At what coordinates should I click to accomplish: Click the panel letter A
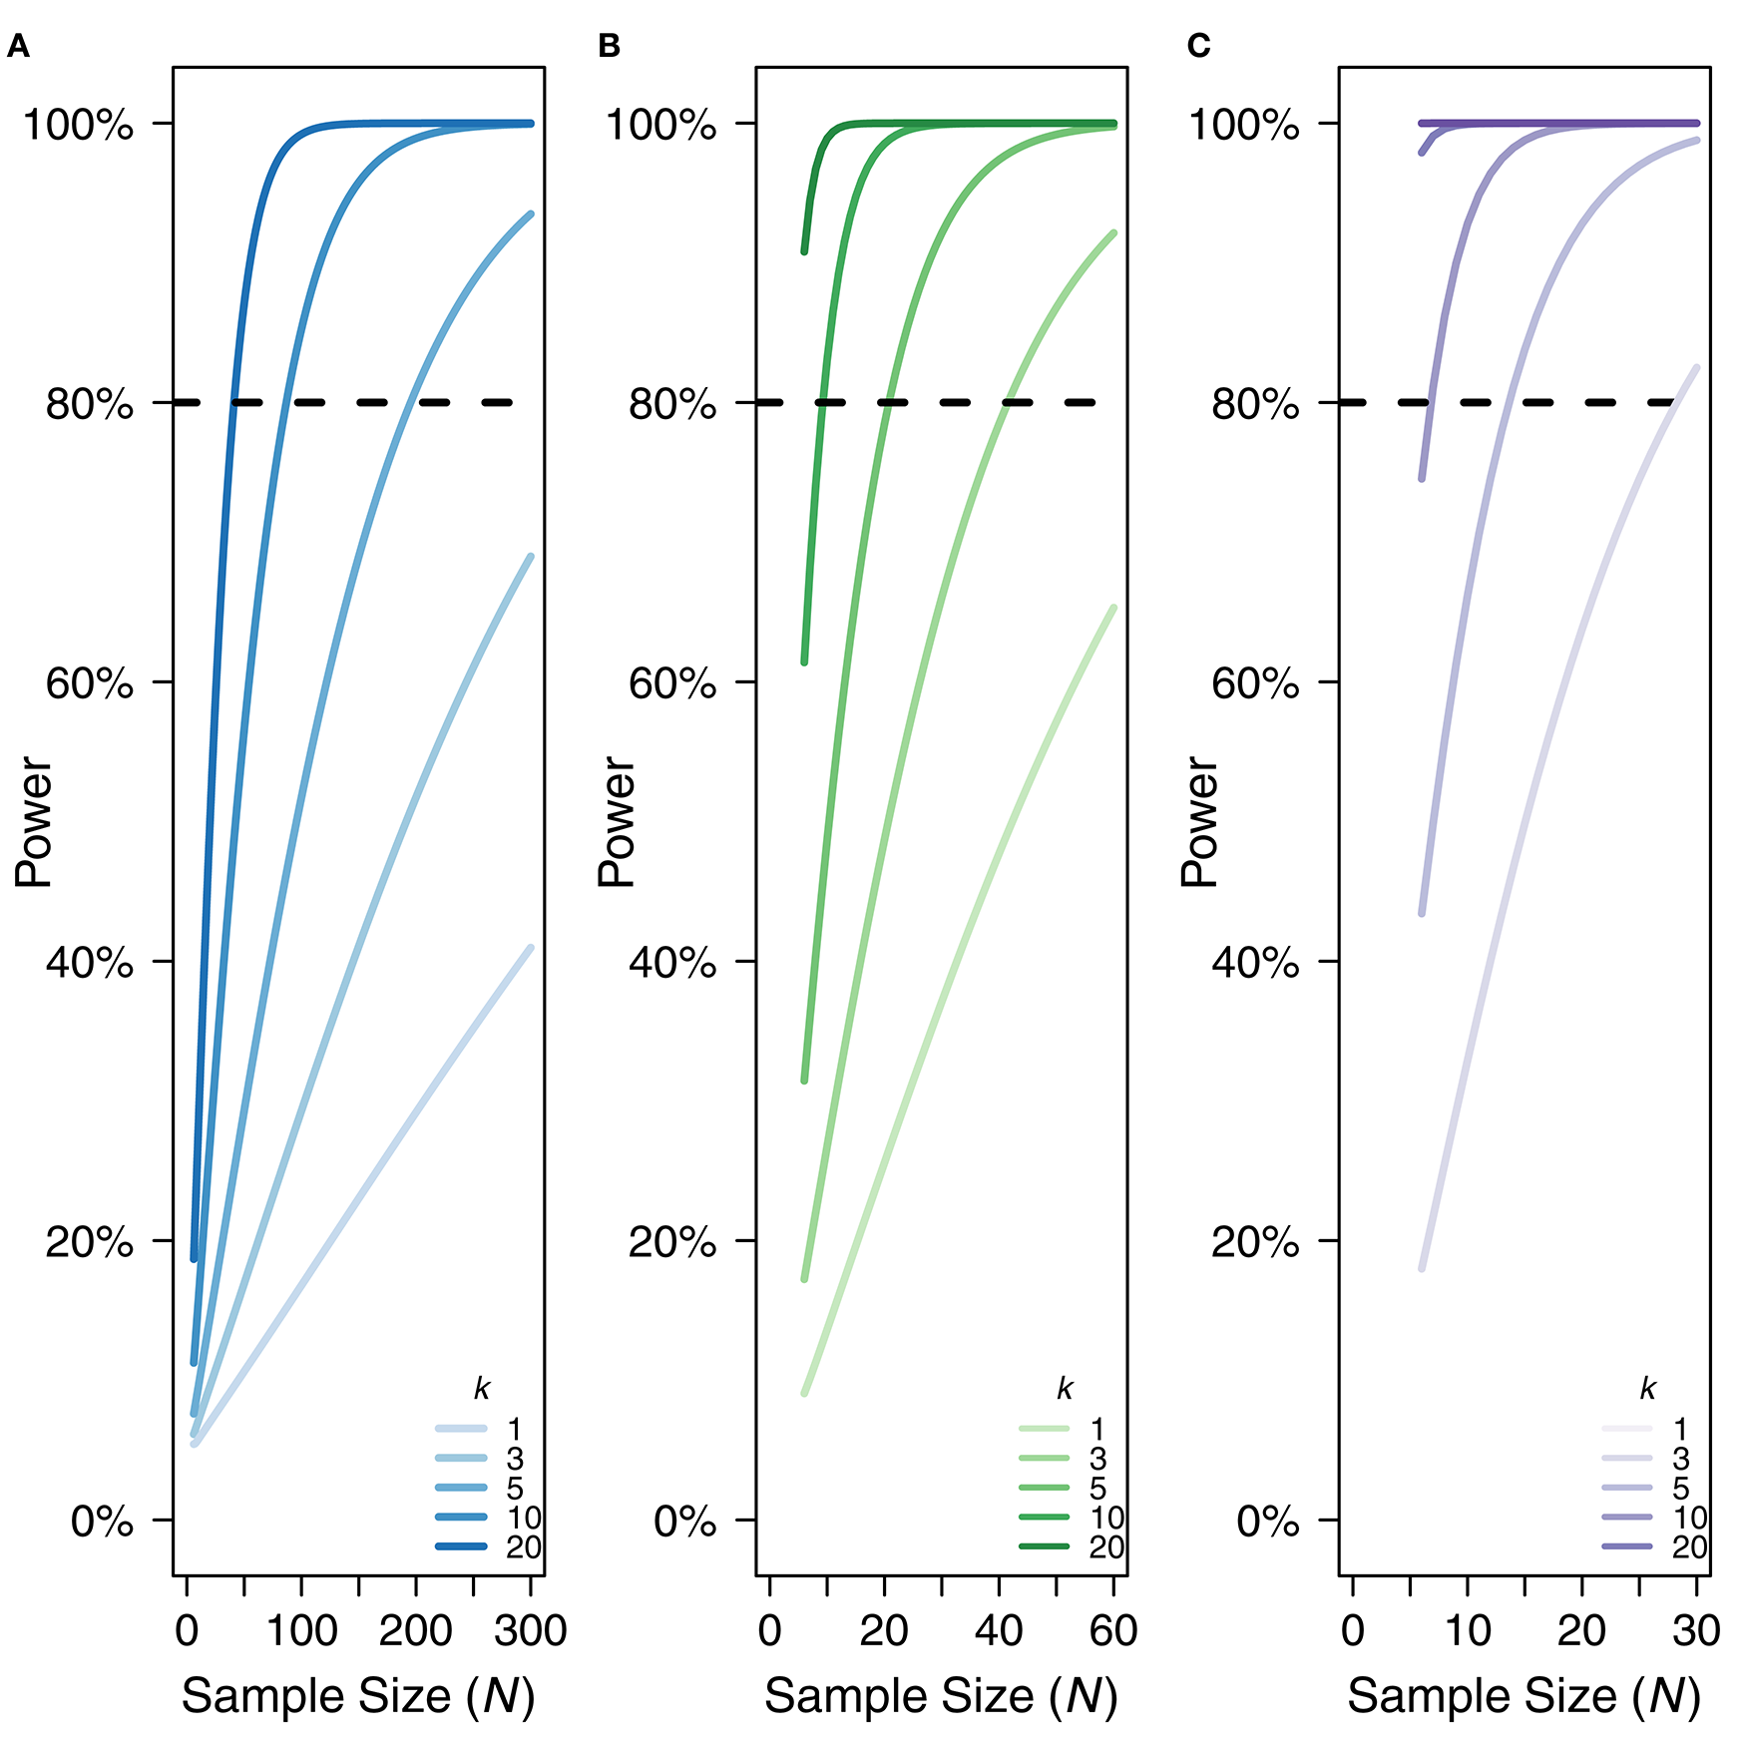[18, 47]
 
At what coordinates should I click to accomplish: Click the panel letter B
[609, 47]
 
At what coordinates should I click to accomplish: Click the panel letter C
[1198, 47]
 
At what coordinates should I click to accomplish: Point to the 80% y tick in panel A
[88, 404]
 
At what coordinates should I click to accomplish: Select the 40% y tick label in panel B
[671, 963]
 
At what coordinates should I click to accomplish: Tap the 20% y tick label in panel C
[1254, 1242]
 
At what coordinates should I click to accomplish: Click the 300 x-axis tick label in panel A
[530, 1630]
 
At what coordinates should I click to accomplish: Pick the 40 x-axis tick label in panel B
[999, 1630]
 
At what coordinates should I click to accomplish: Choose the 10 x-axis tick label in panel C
[1467, 1630]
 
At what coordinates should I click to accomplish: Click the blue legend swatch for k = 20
[461, 1546]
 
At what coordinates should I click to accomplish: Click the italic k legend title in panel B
[1065, 1388]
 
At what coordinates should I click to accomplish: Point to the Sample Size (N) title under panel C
[1524, 1696]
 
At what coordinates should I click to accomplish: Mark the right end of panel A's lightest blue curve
[530, 948]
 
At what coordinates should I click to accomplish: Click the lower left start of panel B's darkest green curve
[804, 251]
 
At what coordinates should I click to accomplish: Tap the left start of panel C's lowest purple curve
[1422, 1269]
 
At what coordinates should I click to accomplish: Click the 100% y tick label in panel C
[1243, 125]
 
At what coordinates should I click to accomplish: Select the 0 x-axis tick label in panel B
[769, 1630]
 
